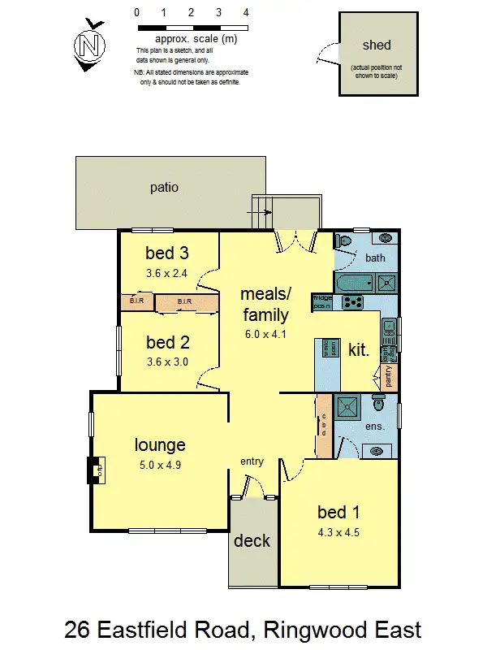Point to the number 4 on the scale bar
[x=246, y=13]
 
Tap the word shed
[x=377, y=45]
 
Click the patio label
[x=164, y=188]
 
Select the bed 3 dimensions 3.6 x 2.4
[x=166, y=273]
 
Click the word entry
[x=252, y=461]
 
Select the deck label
[x=252, y=540]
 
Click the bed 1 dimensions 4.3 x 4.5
[x=338, y=533]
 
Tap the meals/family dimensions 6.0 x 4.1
[x=265, y=333]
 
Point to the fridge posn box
[x=322, y=303]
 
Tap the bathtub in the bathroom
[x=355, y=284]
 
